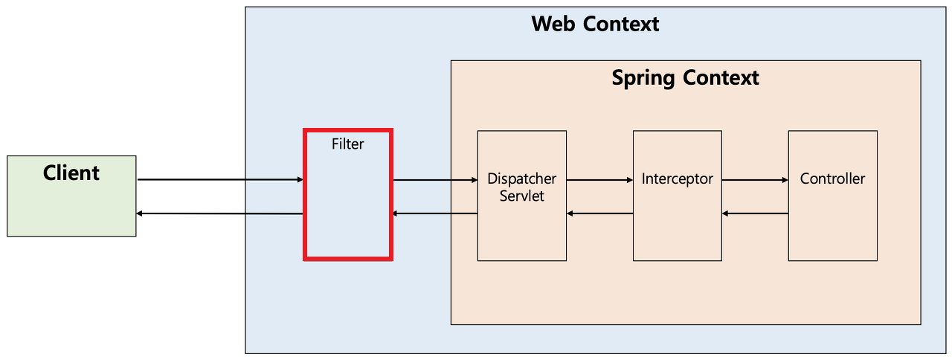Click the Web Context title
click(x=595, y=24)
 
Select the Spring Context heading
click(x=685, y=77)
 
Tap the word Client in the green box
click(x=71, y=173)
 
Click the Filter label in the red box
click(x=347, y=144)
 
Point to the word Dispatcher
click(x=521, y=179)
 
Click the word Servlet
click(x=521, y=196)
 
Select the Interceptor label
click(x=677, y=179)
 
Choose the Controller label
click(x=832, y=179)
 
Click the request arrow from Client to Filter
click(x=220, y=179)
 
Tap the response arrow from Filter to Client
click(x=220, y=213)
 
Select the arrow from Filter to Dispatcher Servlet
click(x=434, y=179)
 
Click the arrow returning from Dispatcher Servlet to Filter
click(x=434, y=213)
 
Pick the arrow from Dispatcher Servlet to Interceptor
click(x=599, y=179)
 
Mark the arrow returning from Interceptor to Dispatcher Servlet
click(x=599, y=213)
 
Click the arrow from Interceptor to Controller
click(x=755, y=179)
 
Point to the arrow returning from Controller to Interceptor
click(x=755, y=213)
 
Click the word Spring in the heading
click(x=641, y=77)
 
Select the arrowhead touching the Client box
click(x=141, y=213)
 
